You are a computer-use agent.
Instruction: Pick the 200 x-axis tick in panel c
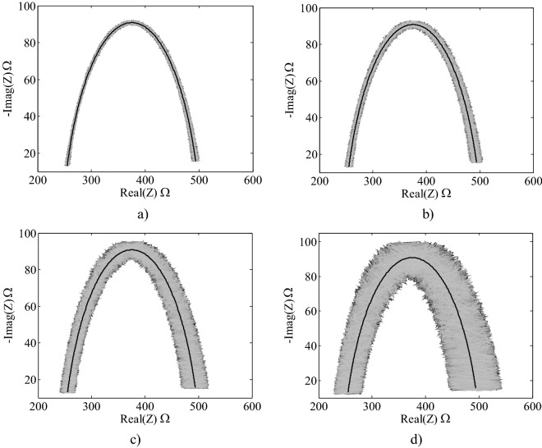[x=39, y=406]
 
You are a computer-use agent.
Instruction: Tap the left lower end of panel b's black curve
[x=348, y=164]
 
